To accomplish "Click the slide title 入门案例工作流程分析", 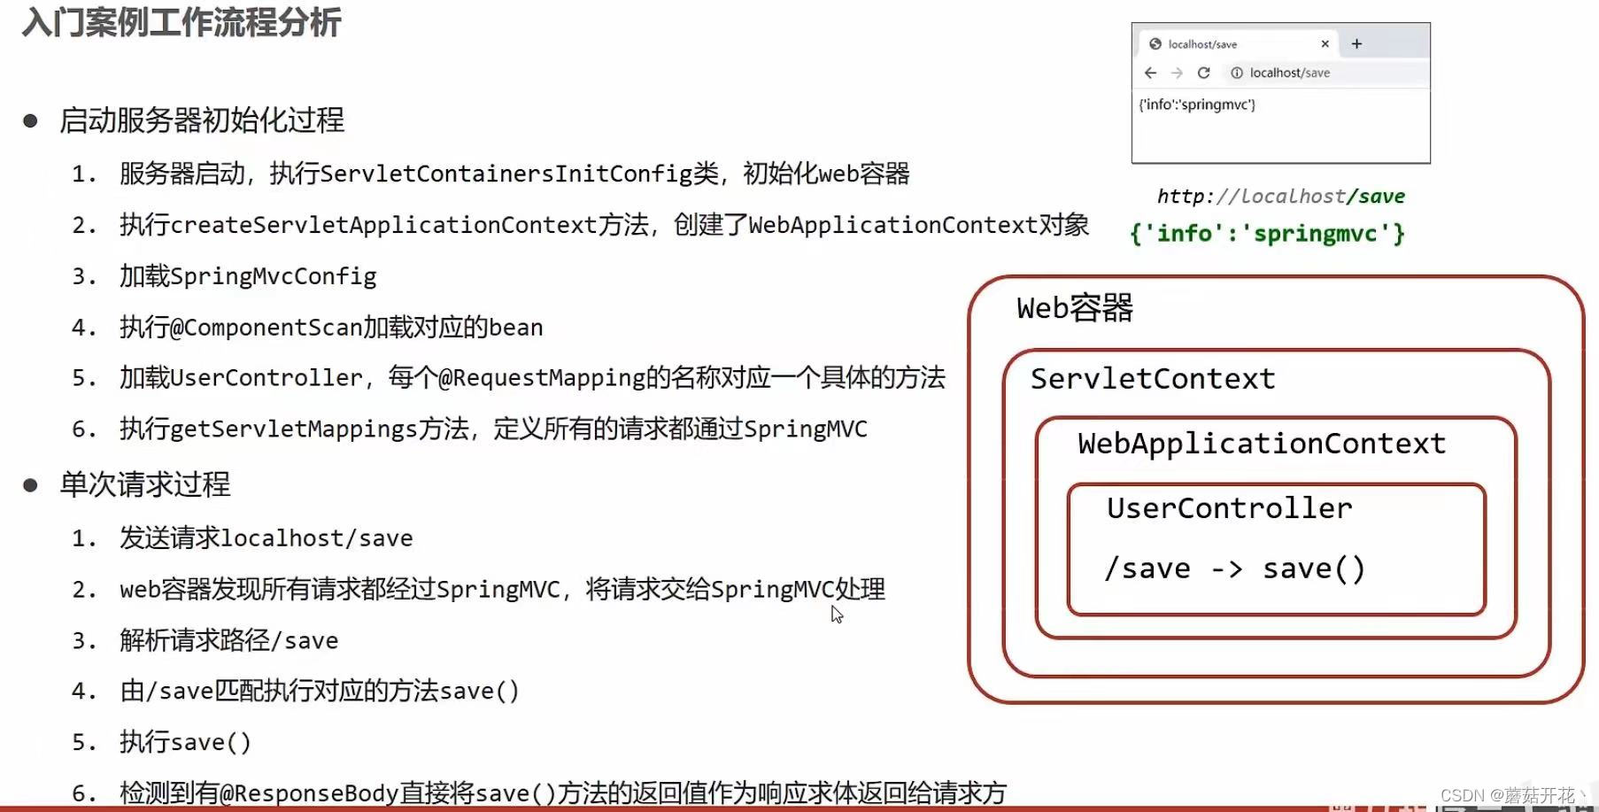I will point(182,22).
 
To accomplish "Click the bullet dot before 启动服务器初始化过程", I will point(31,121).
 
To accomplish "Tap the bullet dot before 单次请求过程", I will point(31,485).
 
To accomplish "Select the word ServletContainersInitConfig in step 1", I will point(519,174).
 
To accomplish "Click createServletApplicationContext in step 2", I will point(383,225).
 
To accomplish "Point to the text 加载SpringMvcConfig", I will point(248,276).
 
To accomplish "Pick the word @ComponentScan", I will point(266,328).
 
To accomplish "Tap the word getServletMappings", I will point(293,429).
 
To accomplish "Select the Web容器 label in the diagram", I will point(1075,308).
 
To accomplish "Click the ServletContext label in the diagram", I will point(1153,379).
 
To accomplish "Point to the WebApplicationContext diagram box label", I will point(1262,444).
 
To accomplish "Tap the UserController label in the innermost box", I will point(1230,508).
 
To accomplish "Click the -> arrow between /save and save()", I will point(1226,569).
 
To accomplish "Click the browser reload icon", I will point(1203,73).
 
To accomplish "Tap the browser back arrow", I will point(1150,73).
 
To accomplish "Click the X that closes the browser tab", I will point(1325,43).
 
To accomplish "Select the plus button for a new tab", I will point(1356,43).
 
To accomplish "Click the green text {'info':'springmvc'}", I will point(1267,234).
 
